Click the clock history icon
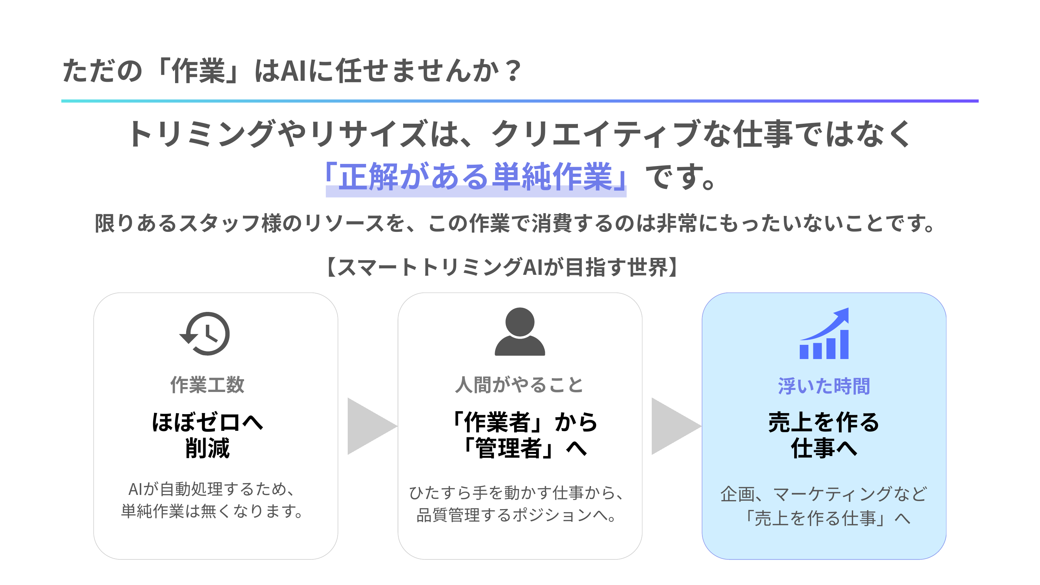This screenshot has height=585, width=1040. click(x=205, y=333)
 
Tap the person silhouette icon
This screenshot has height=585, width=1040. click(x=520, y=332)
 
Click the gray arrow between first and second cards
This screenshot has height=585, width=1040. click(x=370, y=426)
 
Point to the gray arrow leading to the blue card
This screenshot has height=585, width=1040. click(x=674, y=426)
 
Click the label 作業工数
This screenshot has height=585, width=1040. click(x=207, y=385)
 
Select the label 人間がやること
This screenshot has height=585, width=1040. click(x=519, y=385)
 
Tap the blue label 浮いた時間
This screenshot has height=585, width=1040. click(x=824, y=386)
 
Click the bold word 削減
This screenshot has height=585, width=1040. click(x=207, y=448)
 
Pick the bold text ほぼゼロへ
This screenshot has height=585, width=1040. click(x=207, y=422)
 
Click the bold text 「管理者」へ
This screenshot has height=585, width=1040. click(x=523, y=448)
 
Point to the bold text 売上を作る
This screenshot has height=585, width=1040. click(x=824, y=422)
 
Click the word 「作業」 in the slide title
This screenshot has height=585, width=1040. click(x=198, y=71)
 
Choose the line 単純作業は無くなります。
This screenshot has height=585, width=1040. click(x=212, y=511)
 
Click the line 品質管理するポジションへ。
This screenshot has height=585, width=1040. click(x=517, y=515)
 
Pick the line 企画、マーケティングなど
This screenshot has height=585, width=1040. click(x=824, y=494)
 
